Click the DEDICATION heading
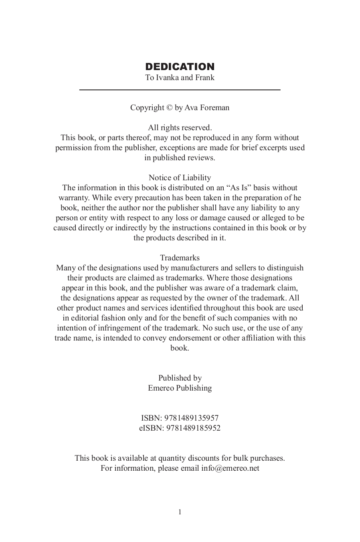(x=180, y=66)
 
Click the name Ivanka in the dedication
(x=167, y=78)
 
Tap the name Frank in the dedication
(x=204, y=78)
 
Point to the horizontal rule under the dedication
(x=180, y=90)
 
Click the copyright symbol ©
(x=169, y=108)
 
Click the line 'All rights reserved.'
(x=180, y=128)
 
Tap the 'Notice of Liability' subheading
(x=180, y=178)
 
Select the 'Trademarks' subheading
(x=180, y=258)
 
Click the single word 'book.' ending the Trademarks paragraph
(x=180, y=348)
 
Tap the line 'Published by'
(x=180, y=378)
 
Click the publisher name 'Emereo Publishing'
(x=180, y=388)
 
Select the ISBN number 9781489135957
(x=191, y=418)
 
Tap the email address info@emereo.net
(x=230, y=468)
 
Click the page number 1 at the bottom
(x=180, y=512)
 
